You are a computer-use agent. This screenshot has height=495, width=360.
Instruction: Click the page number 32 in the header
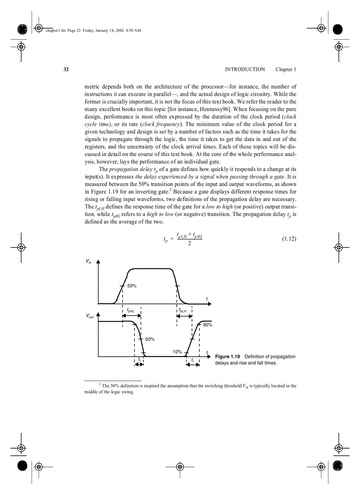pos(66,70)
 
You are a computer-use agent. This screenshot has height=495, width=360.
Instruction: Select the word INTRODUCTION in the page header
pos(245,70)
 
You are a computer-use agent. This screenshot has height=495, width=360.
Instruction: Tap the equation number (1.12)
pos(289,239)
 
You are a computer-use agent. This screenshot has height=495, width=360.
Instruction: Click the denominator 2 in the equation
pos(189,244)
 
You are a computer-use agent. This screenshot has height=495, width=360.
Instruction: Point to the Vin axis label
pos(89,261)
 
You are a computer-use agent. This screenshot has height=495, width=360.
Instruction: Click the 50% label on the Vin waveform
pos(132,286)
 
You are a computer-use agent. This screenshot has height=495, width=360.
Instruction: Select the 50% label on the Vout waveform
pos(150,339)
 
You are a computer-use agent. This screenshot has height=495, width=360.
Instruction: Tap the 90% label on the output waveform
pos(207,325)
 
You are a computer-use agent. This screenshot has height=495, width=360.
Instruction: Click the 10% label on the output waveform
pos(177,352)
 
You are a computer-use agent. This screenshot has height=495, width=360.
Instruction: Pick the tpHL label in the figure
pos(131,310)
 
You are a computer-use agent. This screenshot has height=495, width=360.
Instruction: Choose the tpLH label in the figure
pos(183,310)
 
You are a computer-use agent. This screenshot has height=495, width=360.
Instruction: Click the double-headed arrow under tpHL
pos(131,316)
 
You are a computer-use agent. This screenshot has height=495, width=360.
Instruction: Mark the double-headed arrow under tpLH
pos(184,316)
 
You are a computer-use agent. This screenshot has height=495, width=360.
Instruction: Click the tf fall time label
pos(139,359)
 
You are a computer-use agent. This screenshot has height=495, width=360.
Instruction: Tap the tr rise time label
pos(193,360)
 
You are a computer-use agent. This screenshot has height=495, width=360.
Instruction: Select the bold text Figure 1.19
pos(228,357)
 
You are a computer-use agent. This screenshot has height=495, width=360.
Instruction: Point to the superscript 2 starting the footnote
pos(100,384)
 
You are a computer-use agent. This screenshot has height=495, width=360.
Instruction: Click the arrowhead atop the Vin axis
pos(98,261)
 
